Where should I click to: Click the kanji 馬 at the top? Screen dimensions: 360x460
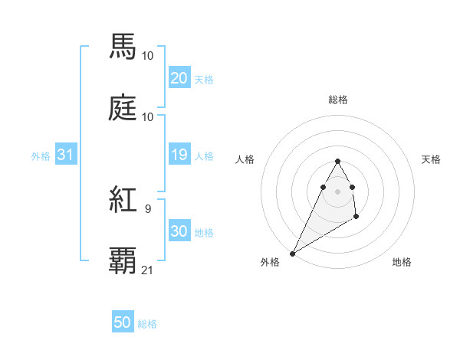tap(123, 47)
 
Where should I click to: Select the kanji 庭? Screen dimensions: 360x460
tap(123, 108)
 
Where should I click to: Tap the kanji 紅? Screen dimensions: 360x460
tap(123, 201)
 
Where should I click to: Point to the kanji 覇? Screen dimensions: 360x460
tap(123, 261)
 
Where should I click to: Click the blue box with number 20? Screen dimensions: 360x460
tap(179, 78)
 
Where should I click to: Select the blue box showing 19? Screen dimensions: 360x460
tap(179, 155)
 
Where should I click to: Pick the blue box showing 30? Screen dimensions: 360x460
tap(179, 231)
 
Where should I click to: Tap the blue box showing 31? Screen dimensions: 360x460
tap(65, 155)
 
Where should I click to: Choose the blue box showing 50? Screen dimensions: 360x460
tap(122, 323)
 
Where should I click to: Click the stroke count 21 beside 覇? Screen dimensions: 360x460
tap(148, 270)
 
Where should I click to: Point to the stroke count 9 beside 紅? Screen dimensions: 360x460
tap(148, 208)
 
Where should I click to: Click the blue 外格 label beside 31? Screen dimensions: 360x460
tap(41, 155)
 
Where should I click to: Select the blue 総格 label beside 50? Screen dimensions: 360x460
tap(147, 324)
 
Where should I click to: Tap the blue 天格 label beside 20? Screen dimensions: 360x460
tap(204, 79)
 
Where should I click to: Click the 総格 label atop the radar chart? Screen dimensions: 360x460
tap(338, 100)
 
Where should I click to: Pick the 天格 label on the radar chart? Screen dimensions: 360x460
tap(432, 159)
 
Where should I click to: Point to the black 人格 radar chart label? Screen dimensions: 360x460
tap(245, 159)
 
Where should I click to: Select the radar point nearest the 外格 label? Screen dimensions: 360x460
tap(293, 253)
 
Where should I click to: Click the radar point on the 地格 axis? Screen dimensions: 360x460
tap(356, 218)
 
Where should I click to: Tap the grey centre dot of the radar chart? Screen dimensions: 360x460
tap(337, 191)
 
